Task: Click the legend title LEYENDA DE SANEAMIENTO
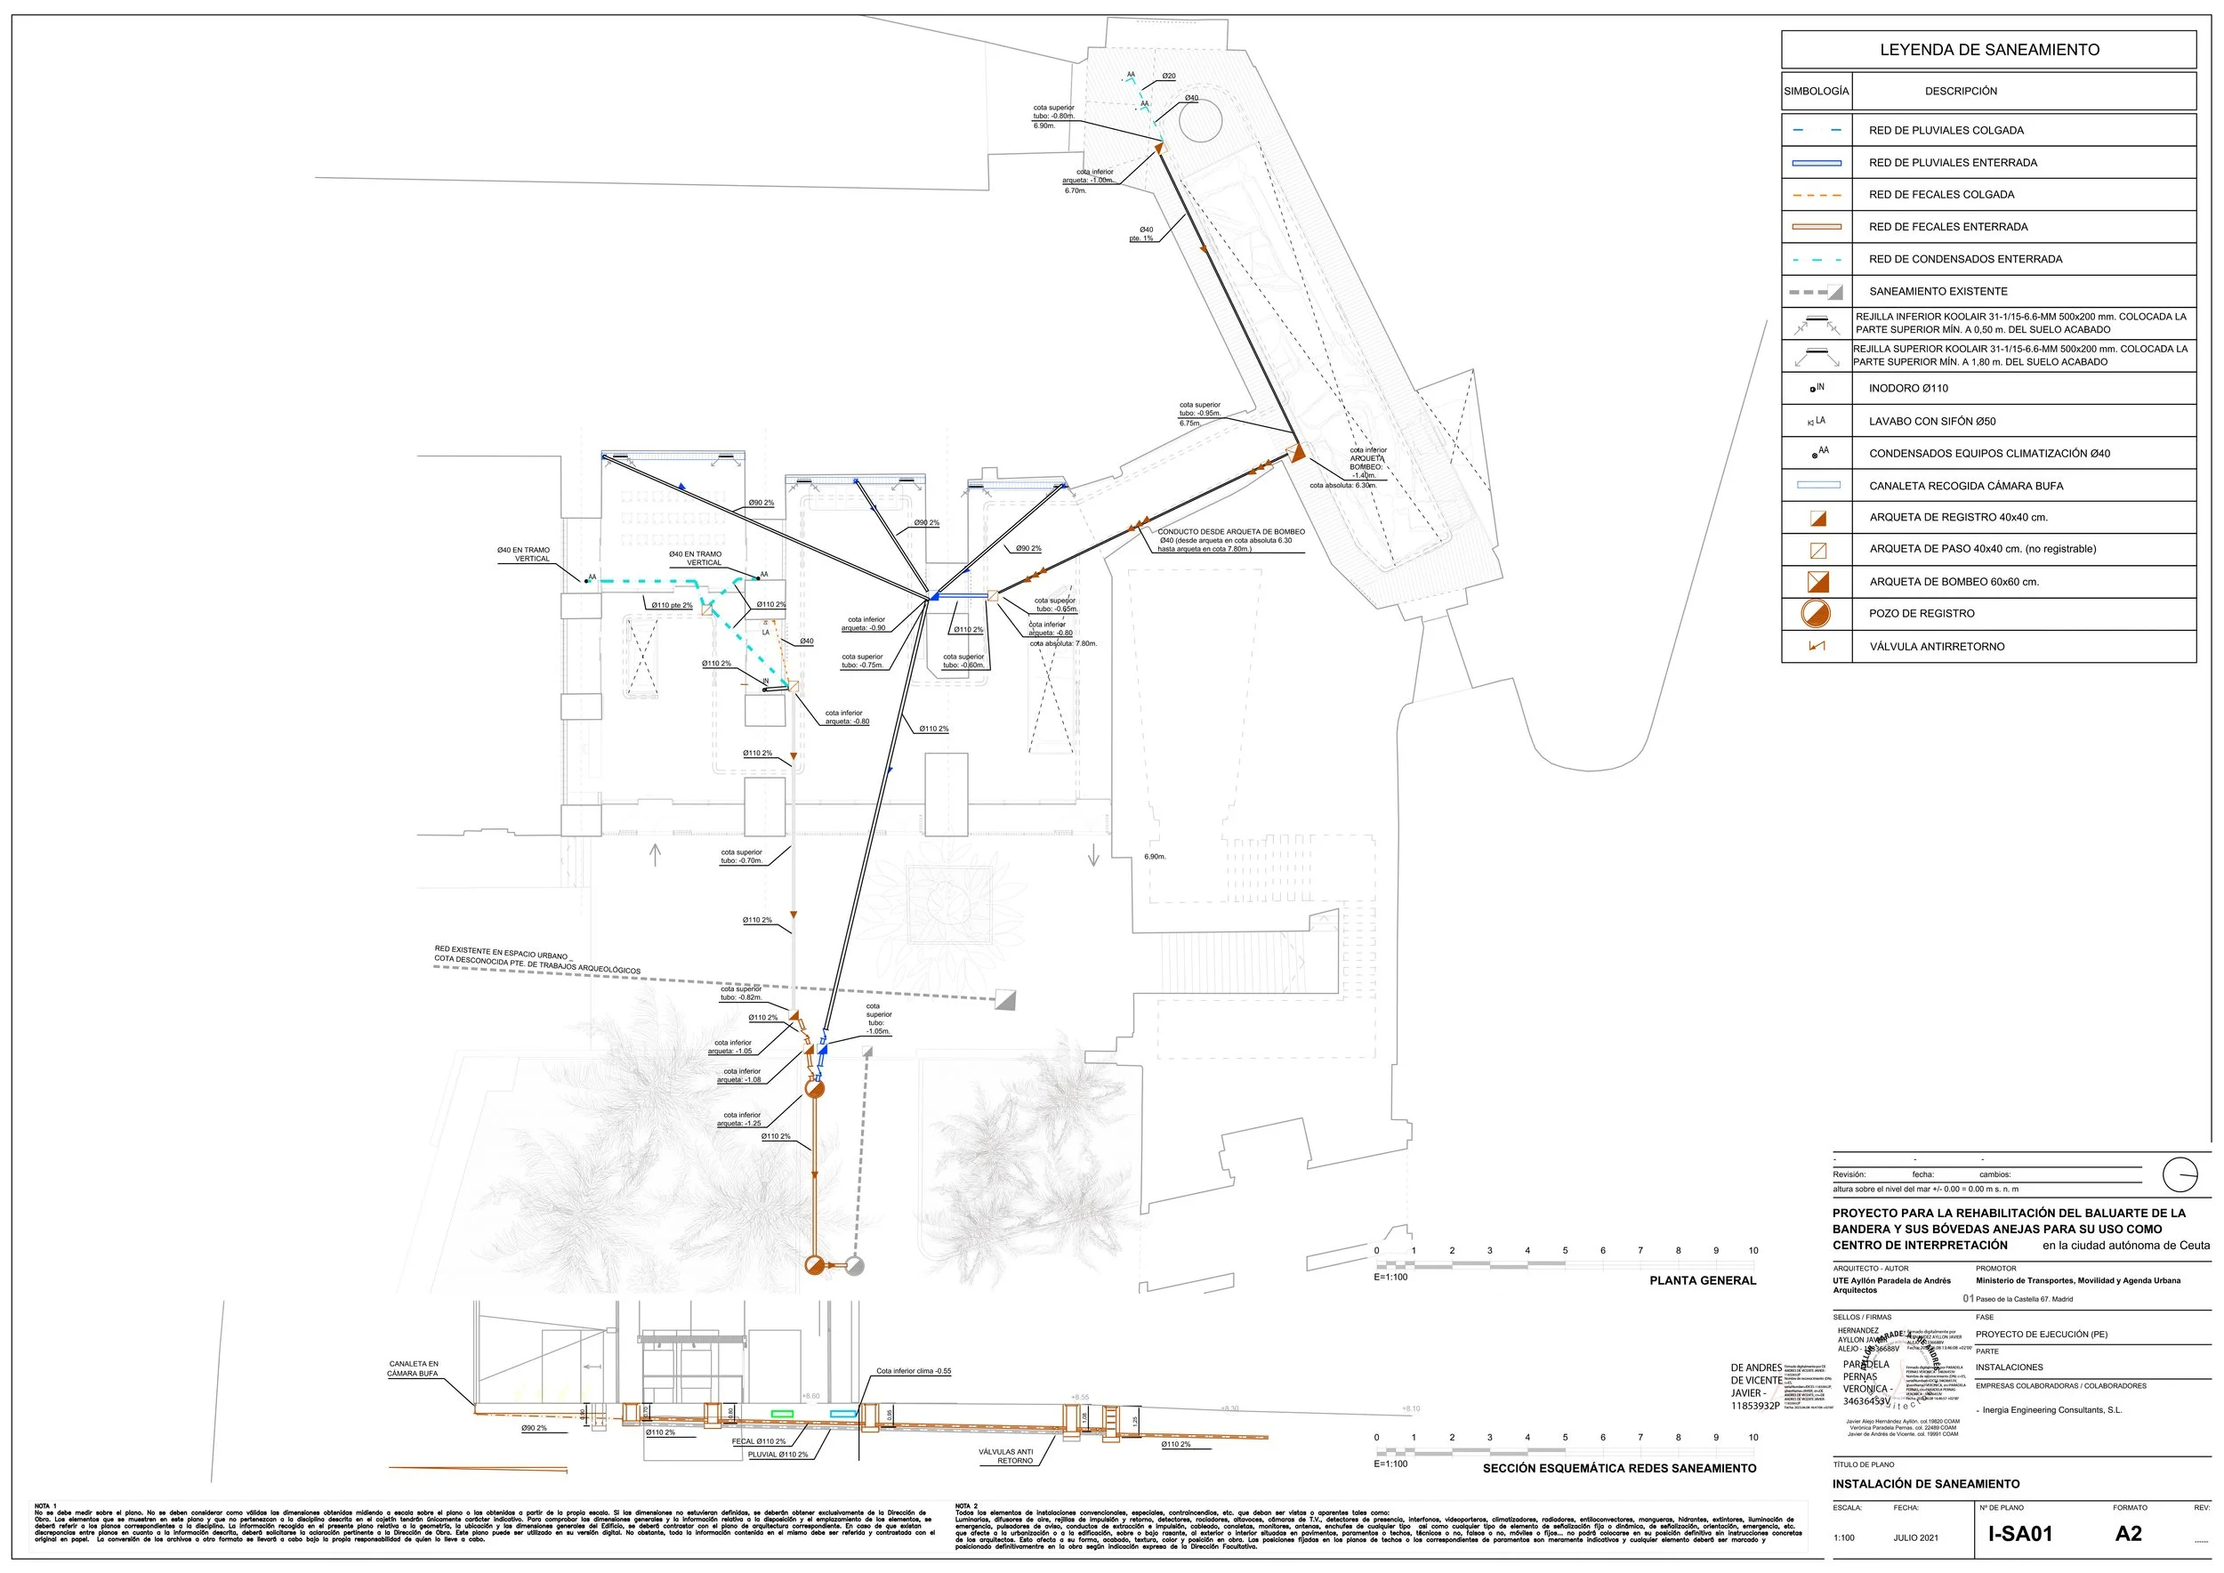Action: coord(1988,50)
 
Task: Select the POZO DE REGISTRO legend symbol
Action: coord(1817,613)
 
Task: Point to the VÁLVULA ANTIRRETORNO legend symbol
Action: coord(1817,646)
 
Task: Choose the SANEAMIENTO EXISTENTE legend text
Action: coord(1938,292)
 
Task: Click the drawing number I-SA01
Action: coord(2019,1533)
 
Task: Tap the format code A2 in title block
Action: coord(2128,1533)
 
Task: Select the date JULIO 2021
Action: coord(1916,1537)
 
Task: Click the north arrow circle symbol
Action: coord(2180,1175)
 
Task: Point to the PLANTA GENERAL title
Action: coord(1702,1280)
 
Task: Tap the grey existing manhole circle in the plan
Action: coord(854,1265)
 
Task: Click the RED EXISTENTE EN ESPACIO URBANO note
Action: coord(536,959)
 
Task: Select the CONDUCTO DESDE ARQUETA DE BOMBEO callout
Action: coord(1230,539)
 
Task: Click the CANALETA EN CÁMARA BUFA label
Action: coord(414,1368)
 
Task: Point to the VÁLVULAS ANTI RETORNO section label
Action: coord(1005,1456)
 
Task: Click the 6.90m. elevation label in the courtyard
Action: coord(1155,856)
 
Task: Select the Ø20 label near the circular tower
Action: coord(1169,76)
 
